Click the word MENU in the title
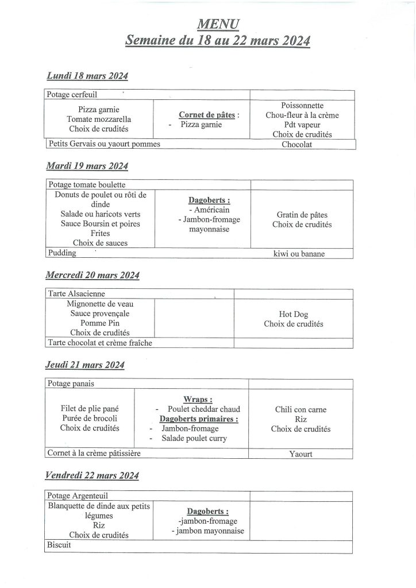[218, 24]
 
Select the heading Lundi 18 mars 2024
[87, 76]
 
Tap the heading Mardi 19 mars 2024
[87, 167]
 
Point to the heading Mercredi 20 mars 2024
[93, 275]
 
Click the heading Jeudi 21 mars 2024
[86, 365]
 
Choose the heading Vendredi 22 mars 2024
[93, 475]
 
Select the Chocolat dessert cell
[297, 144]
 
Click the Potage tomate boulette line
[87, 185]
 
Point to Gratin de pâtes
[302, 215]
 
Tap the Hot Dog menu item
[293, 314]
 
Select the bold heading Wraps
[197, 399]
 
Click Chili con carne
[301, 409]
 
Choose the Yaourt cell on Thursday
[301, 454]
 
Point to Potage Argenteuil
[78, 496]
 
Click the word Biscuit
[59, 545]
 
